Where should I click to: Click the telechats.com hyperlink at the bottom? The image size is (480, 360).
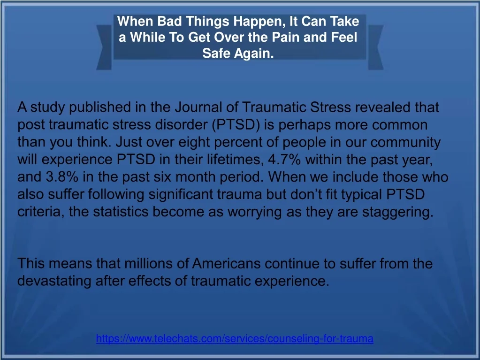coord(235,338)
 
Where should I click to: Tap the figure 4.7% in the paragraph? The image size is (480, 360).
coord(284,160)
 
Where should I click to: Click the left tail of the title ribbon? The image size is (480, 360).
coord(104,47)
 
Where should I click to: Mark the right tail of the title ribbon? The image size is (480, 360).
coord(376,47)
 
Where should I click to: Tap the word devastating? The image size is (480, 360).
coord(54,282)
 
